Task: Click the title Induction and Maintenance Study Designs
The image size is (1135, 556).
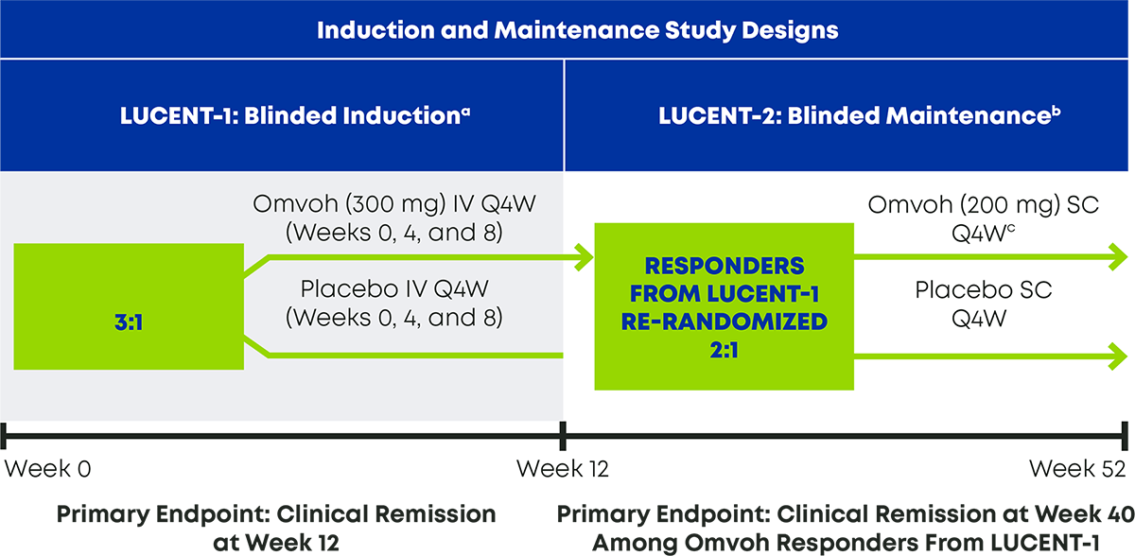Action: click(x=577, y=29)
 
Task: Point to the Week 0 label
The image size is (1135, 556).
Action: click(x=48, y=469)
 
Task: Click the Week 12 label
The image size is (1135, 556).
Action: click(x=563, y=469)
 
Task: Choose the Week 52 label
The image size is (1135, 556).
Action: click(x=1077, y=469)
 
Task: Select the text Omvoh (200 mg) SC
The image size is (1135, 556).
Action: click(x=984, y=204)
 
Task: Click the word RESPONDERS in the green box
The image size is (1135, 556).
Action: click(x=725, y=265)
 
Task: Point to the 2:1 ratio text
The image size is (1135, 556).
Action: click(x=725, y=347)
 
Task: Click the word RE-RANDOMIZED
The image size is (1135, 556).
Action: click(x=725, y=320)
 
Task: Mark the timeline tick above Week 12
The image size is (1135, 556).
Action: click(x=564, y=435)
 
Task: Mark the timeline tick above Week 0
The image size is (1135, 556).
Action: click(x=6, y=435)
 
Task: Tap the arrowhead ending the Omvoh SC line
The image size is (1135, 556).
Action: click(x=1119, y=255)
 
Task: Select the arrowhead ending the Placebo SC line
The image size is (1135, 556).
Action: click(x=1119, y=356)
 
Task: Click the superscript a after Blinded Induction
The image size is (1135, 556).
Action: click(x=466, y=109)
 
